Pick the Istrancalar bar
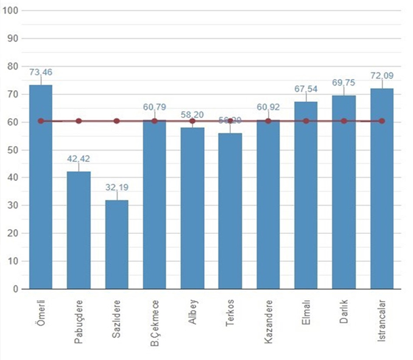(382, 189)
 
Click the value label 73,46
(41, 72)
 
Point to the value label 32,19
(116, 188)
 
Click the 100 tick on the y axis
(11, 11)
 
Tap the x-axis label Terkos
(230, 313)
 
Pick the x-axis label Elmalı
(306, 311)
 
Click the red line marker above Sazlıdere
(116, 121)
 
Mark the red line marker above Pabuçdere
(79, 121)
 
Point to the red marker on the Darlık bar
(344, 121)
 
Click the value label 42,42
(79, 160)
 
